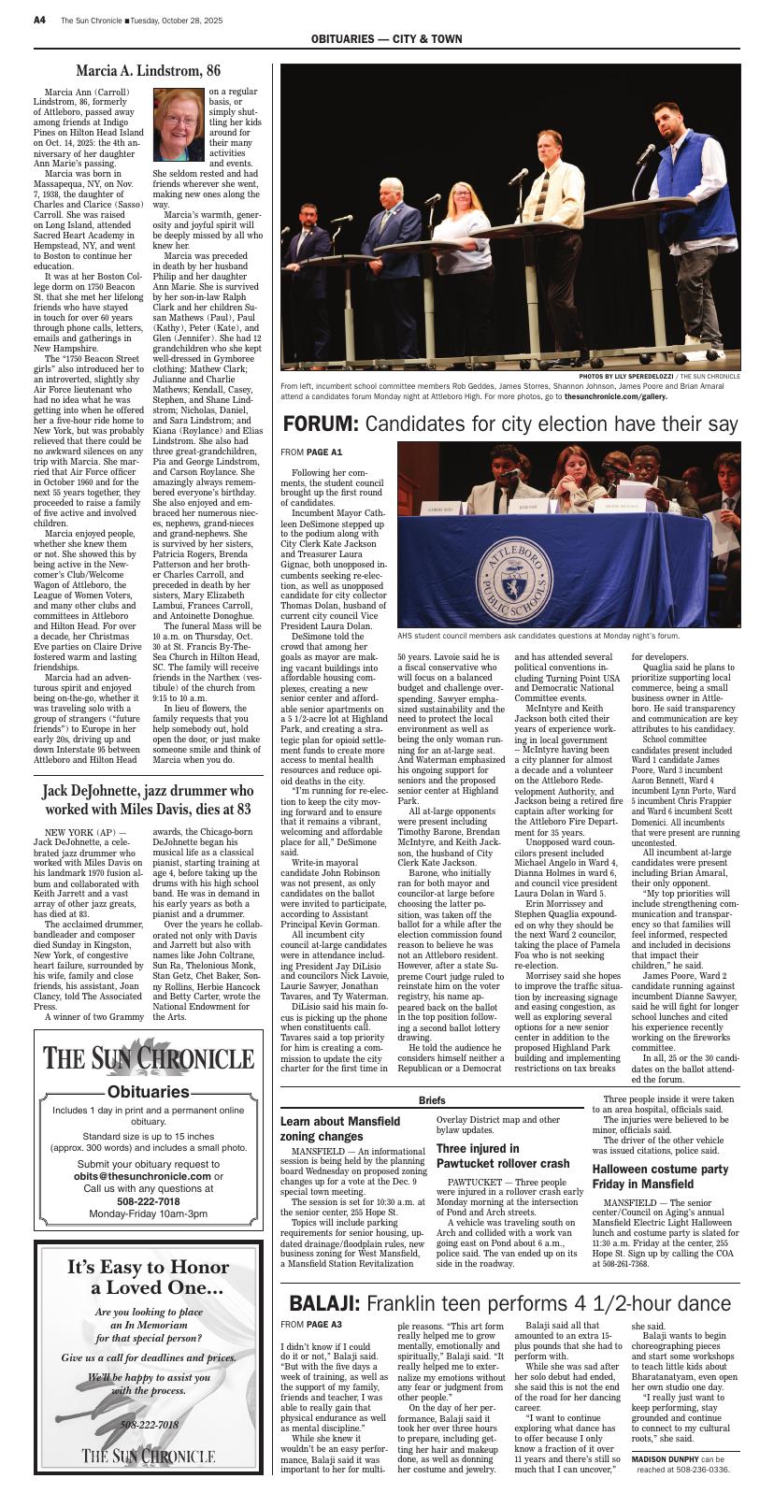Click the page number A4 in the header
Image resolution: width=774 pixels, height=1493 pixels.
(40, 20)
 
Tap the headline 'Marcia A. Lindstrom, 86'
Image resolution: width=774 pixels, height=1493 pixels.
(148, 71)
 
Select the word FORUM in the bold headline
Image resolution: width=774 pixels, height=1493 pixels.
(320, 424)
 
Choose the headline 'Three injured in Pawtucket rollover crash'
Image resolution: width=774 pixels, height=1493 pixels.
(503, 1156)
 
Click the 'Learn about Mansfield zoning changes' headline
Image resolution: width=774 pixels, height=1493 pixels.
(340, 1128)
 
